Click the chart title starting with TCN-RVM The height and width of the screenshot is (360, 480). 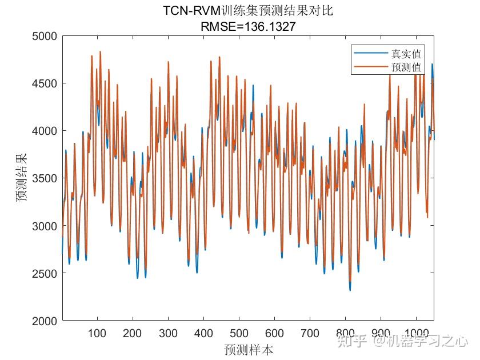247,11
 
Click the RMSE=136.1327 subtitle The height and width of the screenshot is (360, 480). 247,26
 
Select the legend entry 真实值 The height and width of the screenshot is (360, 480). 406,54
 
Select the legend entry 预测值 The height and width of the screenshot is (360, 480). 406,67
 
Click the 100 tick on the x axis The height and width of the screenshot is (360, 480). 97,333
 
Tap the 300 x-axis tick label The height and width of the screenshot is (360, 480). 168,333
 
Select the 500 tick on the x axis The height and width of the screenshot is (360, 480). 239,333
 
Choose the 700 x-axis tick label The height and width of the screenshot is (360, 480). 310,333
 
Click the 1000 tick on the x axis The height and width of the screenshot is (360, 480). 415,333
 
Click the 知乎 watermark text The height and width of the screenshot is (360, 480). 352,341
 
